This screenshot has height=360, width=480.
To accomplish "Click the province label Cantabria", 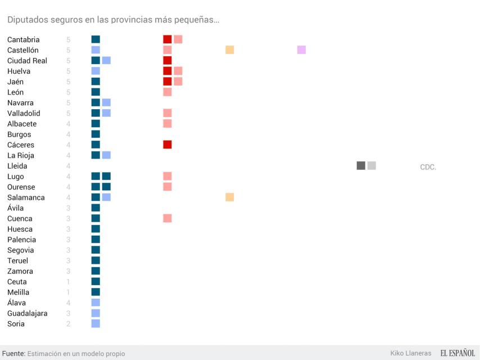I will [x=24, y=39].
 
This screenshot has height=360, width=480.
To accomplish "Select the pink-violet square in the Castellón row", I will [x=301, y=50].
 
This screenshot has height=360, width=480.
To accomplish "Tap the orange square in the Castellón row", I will [x=229, y=50].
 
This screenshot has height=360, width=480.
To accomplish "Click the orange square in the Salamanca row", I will [x=229, y=197].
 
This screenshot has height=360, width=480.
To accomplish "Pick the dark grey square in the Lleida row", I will [x=361, y=166].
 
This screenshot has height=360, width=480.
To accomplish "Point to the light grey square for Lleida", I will [x=372, y=166].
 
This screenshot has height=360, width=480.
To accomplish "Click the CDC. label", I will [x=428, y=167].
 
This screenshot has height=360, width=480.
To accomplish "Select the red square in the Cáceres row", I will [x=167, y=145].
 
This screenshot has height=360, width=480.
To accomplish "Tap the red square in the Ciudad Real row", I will [x=167, y=61].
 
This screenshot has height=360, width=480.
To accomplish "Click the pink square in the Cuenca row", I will [x=167, y=218].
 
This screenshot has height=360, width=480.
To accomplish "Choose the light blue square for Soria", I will [x=96, y=323].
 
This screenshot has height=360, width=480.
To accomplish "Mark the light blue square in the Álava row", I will [x=96, y=303].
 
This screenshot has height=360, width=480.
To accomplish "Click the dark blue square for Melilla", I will [x=96, y=292].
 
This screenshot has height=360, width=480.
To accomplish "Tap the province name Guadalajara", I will [x=27, y=313].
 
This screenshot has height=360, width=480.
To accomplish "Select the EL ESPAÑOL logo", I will [x=458, y=353].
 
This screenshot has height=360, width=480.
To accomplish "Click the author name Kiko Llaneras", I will [x=410, y=353].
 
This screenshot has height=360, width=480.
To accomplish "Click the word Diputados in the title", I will [x=26, y=20].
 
